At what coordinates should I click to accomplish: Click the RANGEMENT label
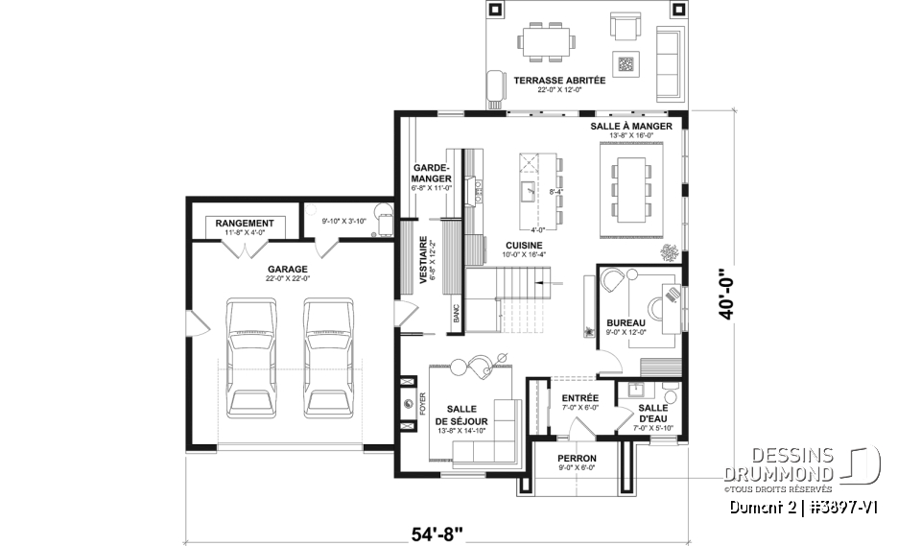coord(245,224)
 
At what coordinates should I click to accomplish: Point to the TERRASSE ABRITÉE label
coord(558,81)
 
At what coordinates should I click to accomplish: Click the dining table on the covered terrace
coord(548,41)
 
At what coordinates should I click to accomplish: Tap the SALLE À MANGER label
coord(630,126)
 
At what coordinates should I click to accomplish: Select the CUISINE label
coord(525,246)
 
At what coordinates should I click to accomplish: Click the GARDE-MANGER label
coord(431,173)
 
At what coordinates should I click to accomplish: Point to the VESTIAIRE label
coord(423,260)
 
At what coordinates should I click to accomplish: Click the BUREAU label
coord(626,322)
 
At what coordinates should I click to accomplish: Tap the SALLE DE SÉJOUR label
coord(462,415)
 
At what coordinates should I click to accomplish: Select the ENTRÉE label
coord(579,397)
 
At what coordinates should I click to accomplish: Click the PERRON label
coord(577,458)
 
